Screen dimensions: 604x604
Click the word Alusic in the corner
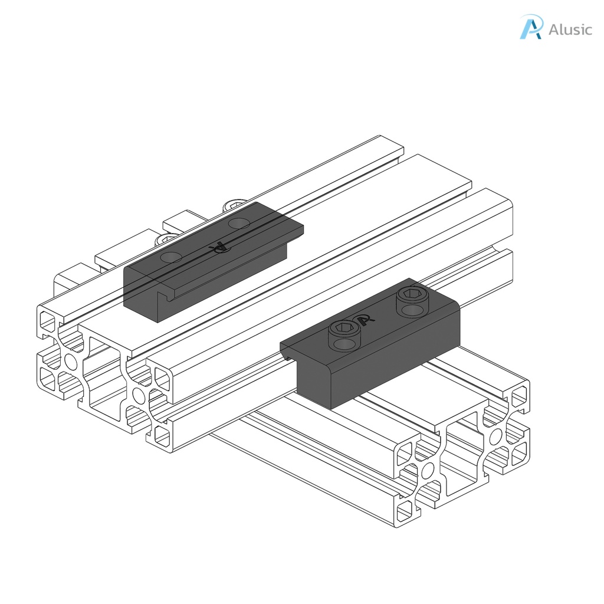570,29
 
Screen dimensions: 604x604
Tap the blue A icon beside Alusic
530,27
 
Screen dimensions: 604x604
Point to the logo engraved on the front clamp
366,319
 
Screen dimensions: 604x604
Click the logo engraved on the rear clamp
220,248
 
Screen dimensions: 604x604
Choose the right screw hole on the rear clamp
239,222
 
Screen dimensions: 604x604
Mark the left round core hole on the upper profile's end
71,361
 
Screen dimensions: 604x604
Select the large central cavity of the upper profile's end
103,377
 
